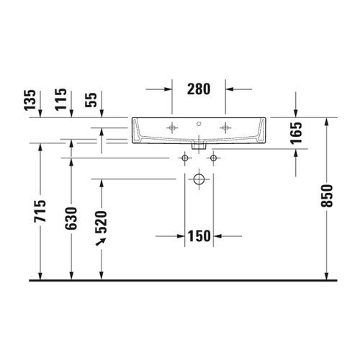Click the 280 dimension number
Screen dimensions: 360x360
pyautogui.click(x=199, y=89)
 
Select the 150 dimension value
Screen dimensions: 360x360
pyautogui.click(x=199, y=235)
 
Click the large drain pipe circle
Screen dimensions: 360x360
pyautogui.click(x=199, y=179)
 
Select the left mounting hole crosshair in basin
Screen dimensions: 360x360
pyautogui.click(x=172, y=127)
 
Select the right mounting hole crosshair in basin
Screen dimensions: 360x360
pyautogui.click(x=226, y=127)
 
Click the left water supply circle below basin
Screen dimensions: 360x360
pyautogui.click(x=184, y=157)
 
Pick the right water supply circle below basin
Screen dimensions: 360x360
pyautogui.click(x=213, y=157)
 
